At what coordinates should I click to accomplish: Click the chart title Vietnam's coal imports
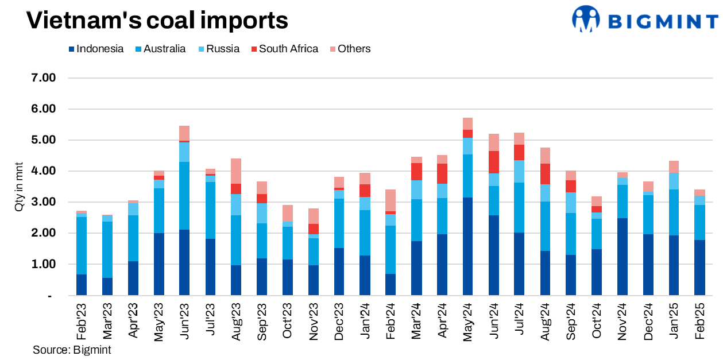tap(157, 21)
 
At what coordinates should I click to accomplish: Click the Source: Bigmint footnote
tap(72, 350)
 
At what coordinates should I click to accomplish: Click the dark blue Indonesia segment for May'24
tap(467, 246)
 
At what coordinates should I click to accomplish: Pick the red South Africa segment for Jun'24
tap(493, 162)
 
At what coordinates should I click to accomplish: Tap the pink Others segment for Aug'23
tap(236, 171)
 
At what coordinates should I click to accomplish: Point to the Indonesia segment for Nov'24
tap(622, 257)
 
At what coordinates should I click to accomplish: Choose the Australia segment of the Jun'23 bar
tap(184, 196)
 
